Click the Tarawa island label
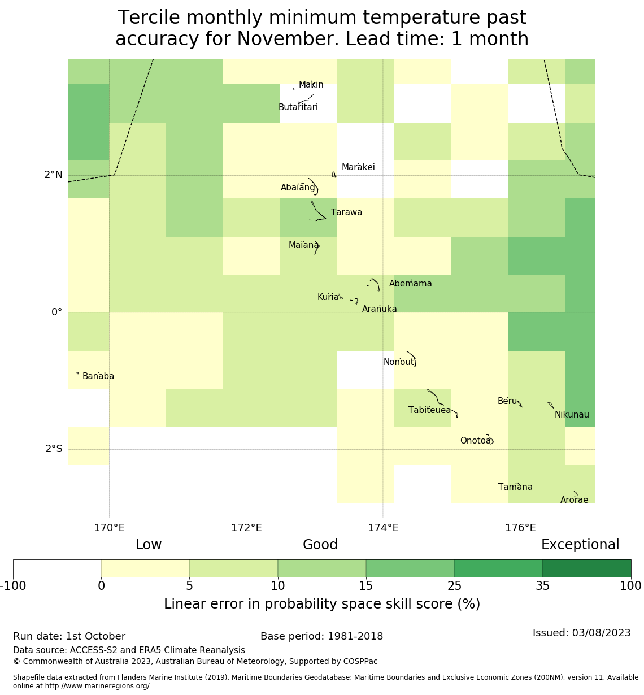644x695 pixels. point(346,213)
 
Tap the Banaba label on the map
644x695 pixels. point(98,377)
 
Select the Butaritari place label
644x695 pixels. point(298,107)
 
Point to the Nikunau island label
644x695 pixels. point(572,415)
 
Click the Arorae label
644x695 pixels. point(574,500)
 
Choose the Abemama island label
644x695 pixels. point(411,284)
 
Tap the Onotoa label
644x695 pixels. point(476,441)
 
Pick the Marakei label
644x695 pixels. point(358,167)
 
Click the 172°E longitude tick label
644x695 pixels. point(246,528)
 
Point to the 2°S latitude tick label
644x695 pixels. point(54,449)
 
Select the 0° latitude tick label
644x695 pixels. point(56,312)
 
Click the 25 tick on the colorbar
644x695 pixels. point(455,586)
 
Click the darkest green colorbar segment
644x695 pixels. point(586,568)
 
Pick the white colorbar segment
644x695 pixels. point(57,568)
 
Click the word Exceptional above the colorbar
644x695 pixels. point(580,545)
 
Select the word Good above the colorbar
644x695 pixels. point(320,545)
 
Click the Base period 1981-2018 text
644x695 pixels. point(321,636)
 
